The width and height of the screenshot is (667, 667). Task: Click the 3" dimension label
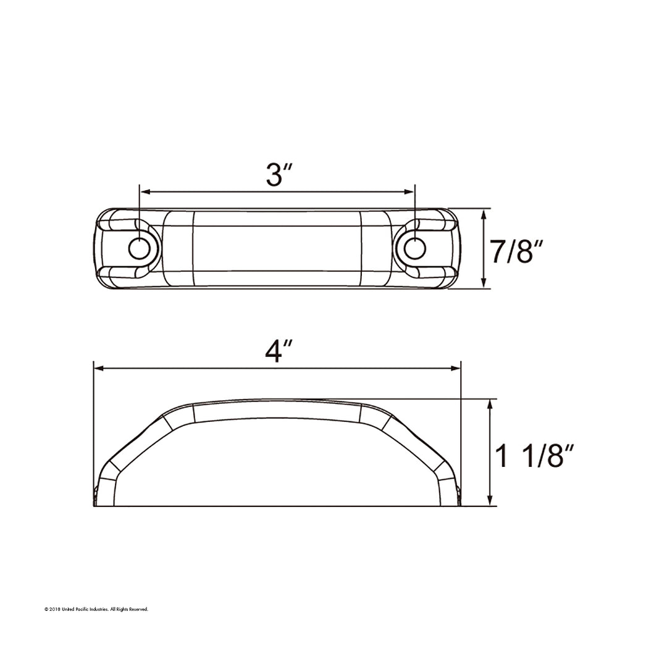pyautogui.click(x=279, y=174)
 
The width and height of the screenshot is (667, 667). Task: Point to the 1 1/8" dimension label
pyautogui.click(x=535, y=455)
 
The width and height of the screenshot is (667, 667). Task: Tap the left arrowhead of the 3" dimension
pyautogui.click(x=145, y=192)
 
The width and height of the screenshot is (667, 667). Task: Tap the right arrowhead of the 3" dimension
pyautogui.click(x=409, y=192)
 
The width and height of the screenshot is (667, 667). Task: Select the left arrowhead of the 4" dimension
pyautogui.click(x=99, y=368)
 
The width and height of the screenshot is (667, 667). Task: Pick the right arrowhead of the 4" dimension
pyautogui.click(x=456, y=368)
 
